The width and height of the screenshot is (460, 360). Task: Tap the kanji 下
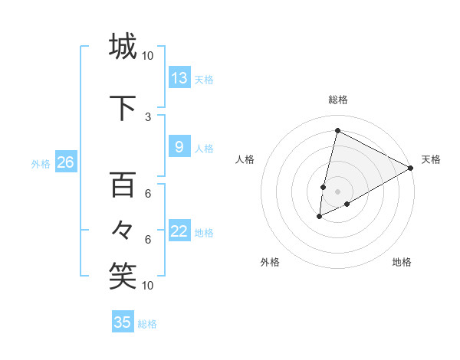(x=123, y=106)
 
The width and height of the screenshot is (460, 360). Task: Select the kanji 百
(x=123, y=185)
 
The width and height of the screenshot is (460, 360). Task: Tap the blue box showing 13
(x=179, y=77)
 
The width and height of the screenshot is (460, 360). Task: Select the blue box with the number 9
(x=179, y=147)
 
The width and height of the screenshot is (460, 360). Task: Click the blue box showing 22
(x=179, y=231)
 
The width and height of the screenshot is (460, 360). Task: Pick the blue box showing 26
(x=65, y=162)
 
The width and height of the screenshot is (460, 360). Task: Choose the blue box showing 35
(x=123, y=322)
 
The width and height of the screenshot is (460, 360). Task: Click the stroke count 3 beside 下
(x=148, y=116)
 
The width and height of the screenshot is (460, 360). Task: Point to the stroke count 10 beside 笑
(x=148, y=286)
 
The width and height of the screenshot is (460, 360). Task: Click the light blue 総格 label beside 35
(x=147, y=324)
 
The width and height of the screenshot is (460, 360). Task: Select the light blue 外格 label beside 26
(x=40, y=163)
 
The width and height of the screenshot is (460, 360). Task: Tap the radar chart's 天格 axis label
(x=431, y=159)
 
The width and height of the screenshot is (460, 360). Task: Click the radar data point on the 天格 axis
(x=412, y=169)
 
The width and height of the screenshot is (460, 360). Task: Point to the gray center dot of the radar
(x=337, y=191)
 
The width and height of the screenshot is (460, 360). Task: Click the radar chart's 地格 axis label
(x=402, y=262)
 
